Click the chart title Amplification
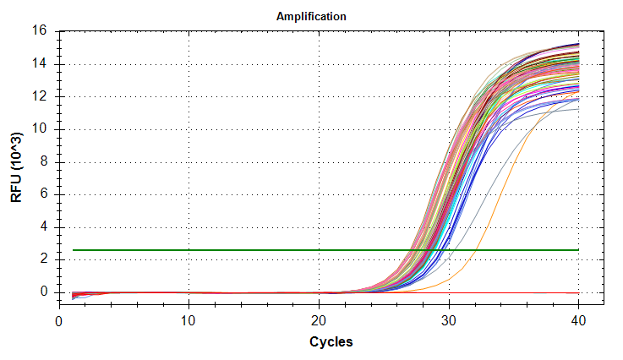point(312,16)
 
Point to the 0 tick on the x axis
point(59,321)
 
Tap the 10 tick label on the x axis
point(189,321)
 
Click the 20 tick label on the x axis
point(319,321)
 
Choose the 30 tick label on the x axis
point(449,321)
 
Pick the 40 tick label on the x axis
point(579,321)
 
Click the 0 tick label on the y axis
point(47,292)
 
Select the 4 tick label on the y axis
point(47,227)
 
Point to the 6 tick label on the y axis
point(47,194)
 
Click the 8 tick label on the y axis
point(47,162)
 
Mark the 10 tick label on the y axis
point(44,129)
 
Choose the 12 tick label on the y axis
point(44,96)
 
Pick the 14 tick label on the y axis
point(44,64)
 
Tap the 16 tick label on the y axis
point(44,31)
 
